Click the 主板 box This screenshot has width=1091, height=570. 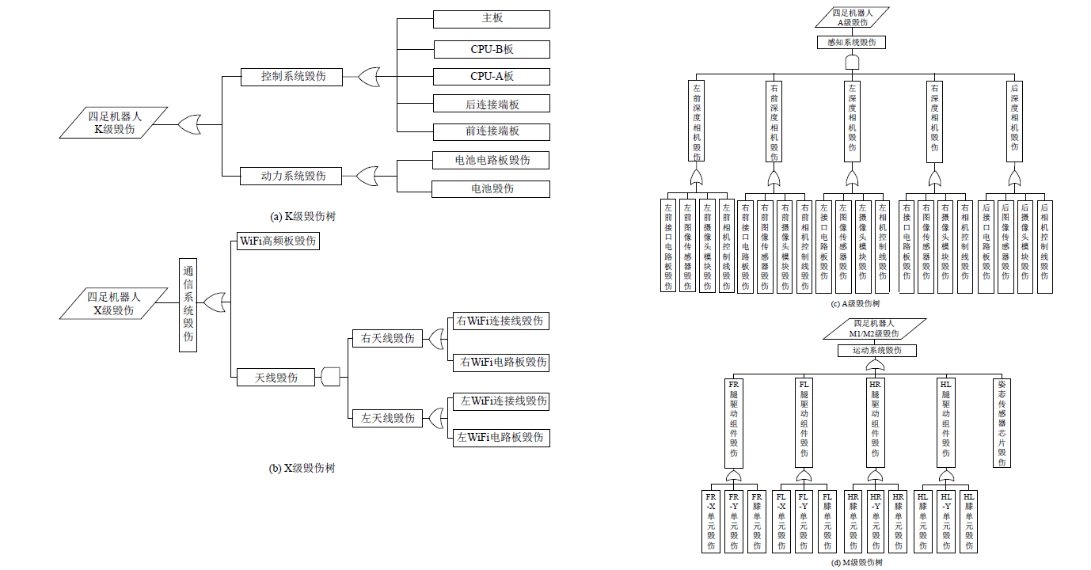click(492, 19)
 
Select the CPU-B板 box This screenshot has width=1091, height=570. click(492, 49)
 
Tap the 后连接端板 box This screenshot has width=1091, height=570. click(492, 104)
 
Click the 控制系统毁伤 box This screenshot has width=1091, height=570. click(292, 77)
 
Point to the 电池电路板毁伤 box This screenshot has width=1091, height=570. click(492, 160)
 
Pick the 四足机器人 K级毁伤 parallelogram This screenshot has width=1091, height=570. click(115, 123)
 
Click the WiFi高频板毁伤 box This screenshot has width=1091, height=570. click(278, 241)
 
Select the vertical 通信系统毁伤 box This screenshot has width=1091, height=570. click(188, 303)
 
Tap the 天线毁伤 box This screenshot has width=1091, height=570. click(276, 377)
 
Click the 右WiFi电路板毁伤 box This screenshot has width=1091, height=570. click(500, 362)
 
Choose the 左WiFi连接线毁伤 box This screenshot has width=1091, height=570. click(500, 401)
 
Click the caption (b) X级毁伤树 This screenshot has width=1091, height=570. click(302, 468)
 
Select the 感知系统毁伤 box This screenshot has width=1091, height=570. click(851, 43)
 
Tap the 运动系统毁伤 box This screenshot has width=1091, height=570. click(877, 350)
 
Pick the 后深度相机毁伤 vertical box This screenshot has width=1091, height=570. click(1015, 120)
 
